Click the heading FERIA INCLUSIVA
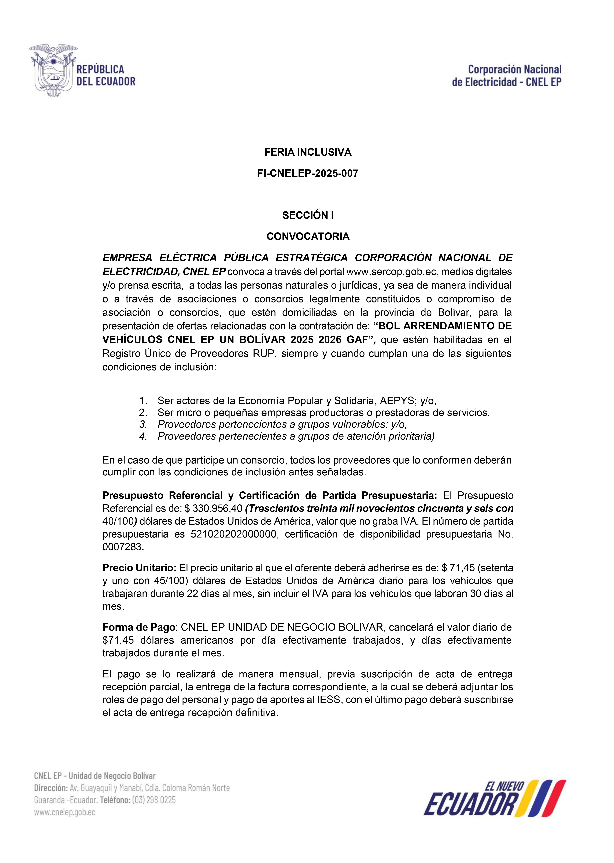click(x=308, y=152)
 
